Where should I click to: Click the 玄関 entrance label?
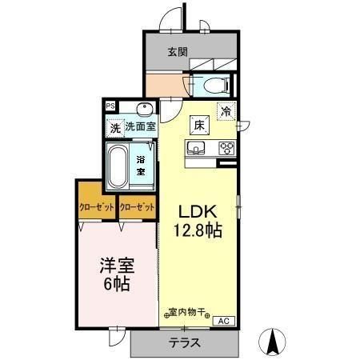pyautogui.click(x=178, y=53)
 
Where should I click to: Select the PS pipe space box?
pyautogui.click(x=110, y=104)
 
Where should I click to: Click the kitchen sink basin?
pyautogui.click(x=197, y=147)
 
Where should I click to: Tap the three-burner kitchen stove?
pyautogui.click(x=225, y=147)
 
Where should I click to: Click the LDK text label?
pyautogui.click(x=194, y=211)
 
